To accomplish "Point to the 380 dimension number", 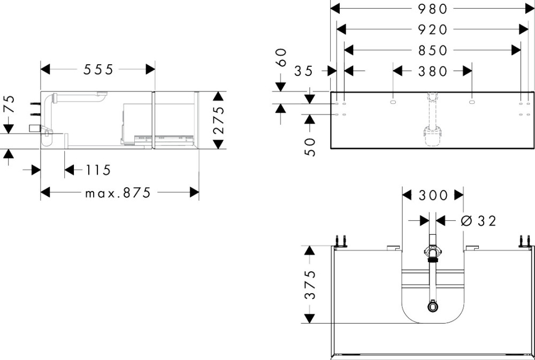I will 432,71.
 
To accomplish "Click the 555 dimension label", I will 98,70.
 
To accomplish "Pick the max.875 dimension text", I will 118,193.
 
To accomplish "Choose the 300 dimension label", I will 432,195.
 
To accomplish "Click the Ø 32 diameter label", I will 478,220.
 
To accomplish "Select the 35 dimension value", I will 303,71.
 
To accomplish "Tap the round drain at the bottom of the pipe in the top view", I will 432,307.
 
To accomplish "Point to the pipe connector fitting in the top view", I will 432,252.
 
